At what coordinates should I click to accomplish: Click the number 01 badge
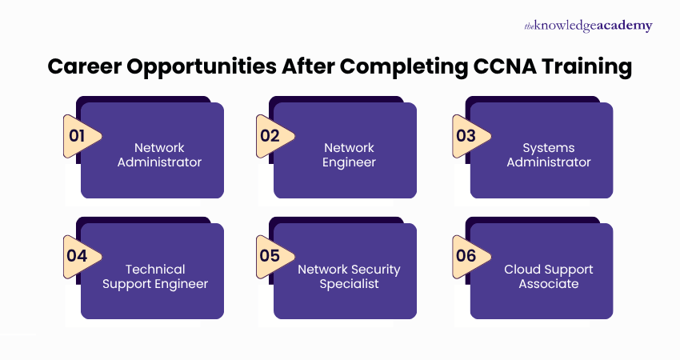pyautogui.click(x=78, y=135)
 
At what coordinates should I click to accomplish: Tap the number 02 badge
pyautogui.click(x=271, y=135)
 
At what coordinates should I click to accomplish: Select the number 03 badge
pyautogui.click(x=467, y=135)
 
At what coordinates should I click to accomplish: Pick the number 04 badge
pyautogui.click(x=78, y=256)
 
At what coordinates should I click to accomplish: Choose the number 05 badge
pyautogui.click(x=271, y=256)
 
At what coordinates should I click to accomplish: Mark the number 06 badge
pyautogui.click(x=467, y=256)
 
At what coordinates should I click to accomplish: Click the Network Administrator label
pyautogui.click(x=159, y=155)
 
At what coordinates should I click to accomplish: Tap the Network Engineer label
pyautogui.click(x=349, y=155)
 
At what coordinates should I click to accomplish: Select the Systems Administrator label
pyautogui.click(x=548, y=155)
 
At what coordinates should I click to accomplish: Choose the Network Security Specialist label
pyautogui.click(x=349, y=276)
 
